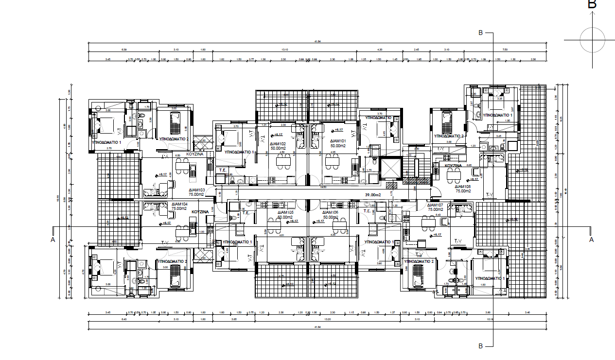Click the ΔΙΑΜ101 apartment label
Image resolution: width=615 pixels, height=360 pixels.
(x=338, y=141)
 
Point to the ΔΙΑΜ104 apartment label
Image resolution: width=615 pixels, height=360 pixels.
(x=179, y=204)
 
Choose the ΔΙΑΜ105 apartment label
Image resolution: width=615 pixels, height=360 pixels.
(x=284, y=213)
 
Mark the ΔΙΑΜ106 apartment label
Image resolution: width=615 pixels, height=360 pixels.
(x=330, y=213)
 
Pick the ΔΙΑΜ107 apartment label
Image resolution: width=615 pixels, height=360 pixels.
(x=435, y=205)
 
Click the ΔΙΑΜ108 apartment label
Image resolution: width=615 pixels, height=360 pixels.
(x=462, y=187)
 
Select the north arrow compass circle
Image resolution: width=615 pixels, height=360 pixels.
(x=592, y=40)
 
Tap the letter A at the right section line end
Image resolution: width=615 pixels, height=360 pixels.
(x=591, y=240)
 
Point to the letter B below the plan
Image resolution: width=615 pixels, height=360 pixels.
(x=481, y=346)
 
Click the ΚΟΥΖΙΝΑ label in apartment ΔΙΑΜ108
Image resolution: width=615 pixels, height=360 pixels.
(x=453, y=166)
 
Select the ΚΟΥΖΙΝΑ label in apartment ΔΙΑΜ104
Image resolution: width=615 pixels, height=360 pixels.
(x=200, y=212)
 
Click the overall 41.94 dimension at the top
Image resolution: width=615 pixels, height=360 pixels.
(x=318, y=42)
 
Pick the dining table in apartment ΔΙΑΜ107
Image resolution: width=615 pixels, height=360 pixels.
(x=428, y=223)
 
